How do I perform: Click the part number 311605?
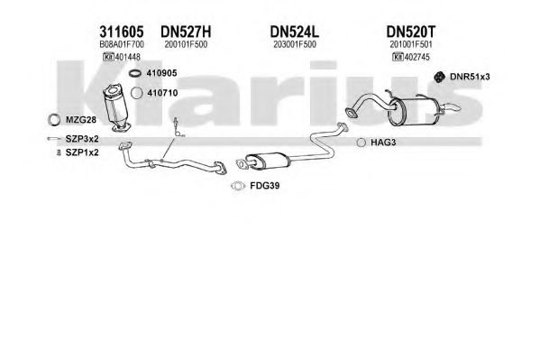click(121, 32)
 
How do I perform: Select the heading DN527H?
click(186, 32)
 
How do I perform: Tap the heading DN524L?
click(295, 32)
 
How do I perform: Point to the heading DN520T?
click(410, 32)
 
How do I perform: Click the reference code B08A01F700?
click(122, 44)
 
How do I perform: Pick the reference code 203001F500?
click(295, 44)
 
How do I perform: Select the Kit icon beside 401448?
click(108, 57)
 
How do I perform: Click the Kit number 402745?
click(417, 57)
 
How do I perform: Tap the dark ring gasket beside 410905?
click(135, 73)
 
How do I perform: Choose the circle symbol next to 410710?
click(137, 93)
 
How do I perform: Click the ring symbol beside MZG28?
click(54, 120)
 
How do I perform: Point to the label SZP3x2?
click(82, 139)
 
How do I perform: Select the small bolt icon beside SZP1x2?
click(59, 152)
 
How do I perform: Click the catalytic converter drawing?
click(116, 106)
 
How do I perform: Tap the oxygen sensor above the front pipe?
click(177, 127)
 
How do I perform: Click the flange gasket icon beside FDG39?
click(238, 186)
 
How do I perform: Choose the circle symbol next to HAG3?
click(361, 142)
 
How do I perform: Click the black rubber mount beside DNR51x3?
click(438, 77)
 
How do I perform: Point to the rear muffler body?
click(413, 113)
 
